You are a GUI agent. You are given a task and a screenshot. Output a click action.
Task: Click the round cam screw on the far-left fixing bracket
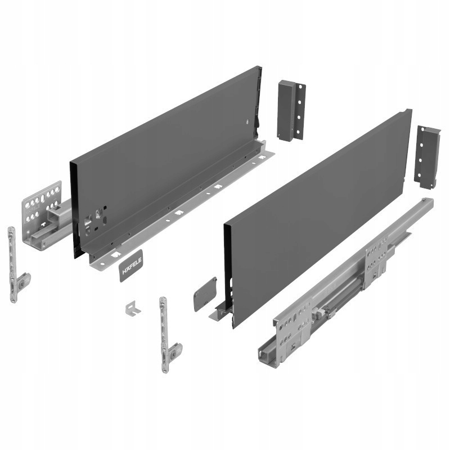click(x=21, y=283)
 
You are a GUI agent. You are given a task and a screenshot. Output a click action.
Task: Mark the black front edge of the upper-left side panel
click(x=73, y=208)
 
